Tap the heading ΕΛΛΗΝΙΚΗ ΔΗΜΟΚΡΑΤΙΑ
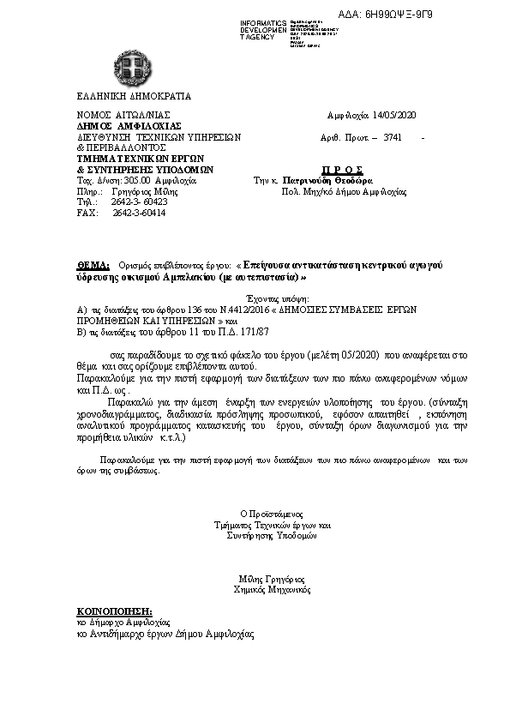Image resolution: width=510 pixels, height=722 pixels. (123, 95)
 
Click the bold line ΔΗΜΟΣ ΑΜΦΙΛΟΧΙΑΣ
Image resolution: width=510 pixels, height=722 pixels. (117, 125)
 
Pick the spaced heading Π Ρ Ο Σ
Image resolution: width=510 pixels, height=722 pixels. (338, 170)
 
